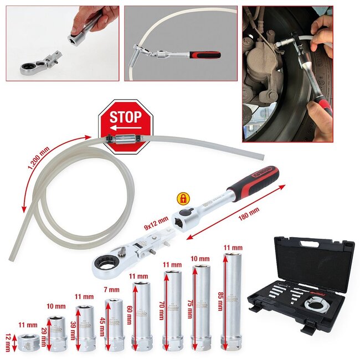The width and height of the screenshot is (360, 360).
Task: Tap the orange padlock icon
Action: tap(181, 199)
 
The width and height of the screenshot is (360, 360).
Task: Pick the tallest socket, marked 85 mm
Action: tap(232, 302)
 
